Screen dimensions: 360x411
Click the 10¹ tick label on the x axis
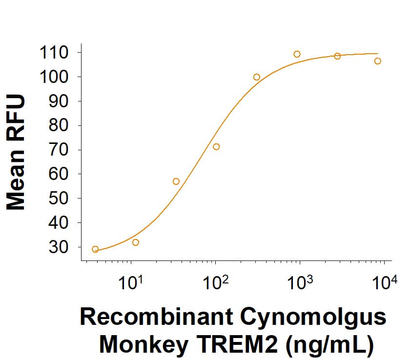pyautogui.click(x=130, y=282)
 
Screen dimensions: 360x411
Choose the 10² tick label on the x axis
pyautogui.click(x=215, y=282)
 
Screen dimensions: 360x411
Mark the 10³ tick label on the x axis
pyautogui.click(x=299, y=282)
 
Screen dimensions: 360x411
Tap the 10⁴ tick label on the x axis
pyautogui.click(x=384, y=282)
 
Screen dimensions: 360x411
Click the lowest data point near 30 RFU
pyautogui.click(x=95, y=249)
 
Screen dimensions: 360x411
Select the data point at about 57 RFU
pyautogui.click(x=176, y=181)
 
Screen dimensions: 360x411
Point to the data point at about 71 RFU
pyautogui.click(x=216, y=147)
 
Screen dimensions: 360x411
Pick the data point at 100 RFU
pyautogui.click(x=257, y=77)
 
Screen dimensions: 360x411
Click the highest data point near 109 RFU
pyautogui.click(x=297, y=54)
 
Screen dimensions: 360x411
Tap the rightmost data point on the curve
pyautogui.click(x=377, y=61)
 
